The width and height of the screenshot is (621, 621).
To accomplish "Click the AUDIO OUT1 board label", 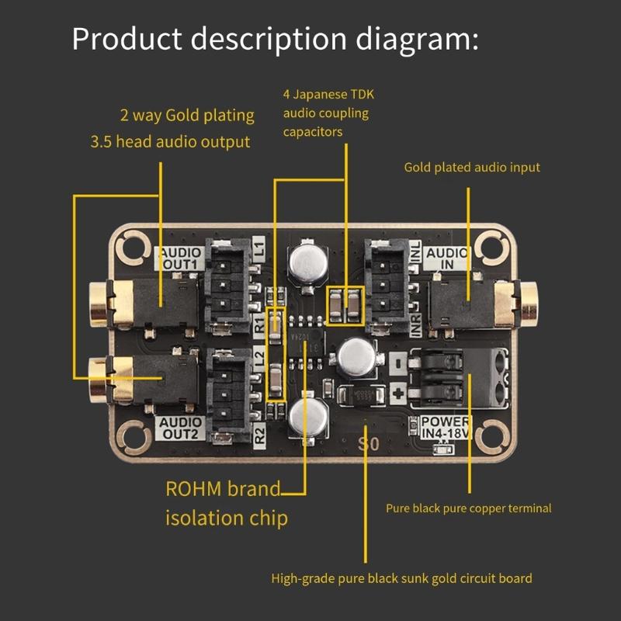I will (180, 258).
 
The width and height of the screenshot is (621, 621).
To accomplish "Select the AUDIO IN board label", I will (447, 258).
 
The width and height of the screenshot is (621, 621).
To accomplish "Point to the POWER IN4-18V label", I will (446, 428).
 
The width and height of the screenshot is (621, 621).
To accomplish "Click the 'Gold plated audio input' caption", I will (471, 167).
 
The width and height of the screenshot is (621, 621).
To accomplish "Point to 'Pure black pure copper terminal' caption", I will (468, 508).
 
